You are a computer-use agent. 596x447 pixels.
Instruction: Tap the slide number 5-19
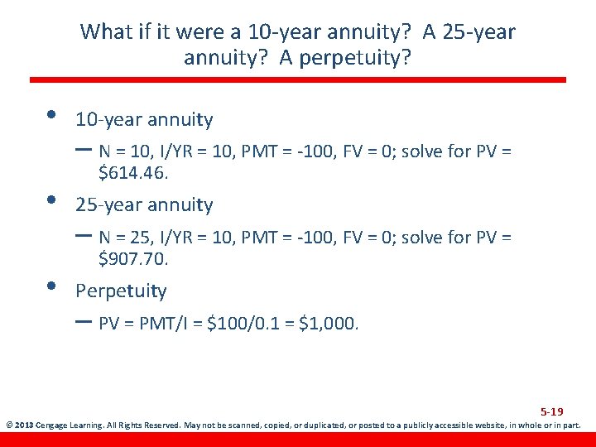(552, 411)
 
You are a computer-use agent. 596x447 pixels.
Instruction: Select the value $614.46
(133, 173)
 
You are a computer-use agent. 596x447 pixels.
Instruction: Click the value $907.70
(133, 259)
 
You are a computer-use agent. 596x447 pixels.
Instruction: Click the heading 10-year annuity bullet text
(144, 120)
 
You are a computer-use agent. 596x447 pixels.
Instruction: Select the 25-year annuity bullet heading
(144, 204)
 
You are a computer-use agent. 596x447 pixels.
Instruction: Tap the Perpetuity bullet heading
(121, 291)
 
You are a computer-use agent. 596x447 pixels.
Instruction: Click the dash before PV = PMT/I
(84, 322)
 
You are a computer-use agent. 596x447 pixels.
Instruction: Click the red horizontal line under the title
(298, 80)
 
